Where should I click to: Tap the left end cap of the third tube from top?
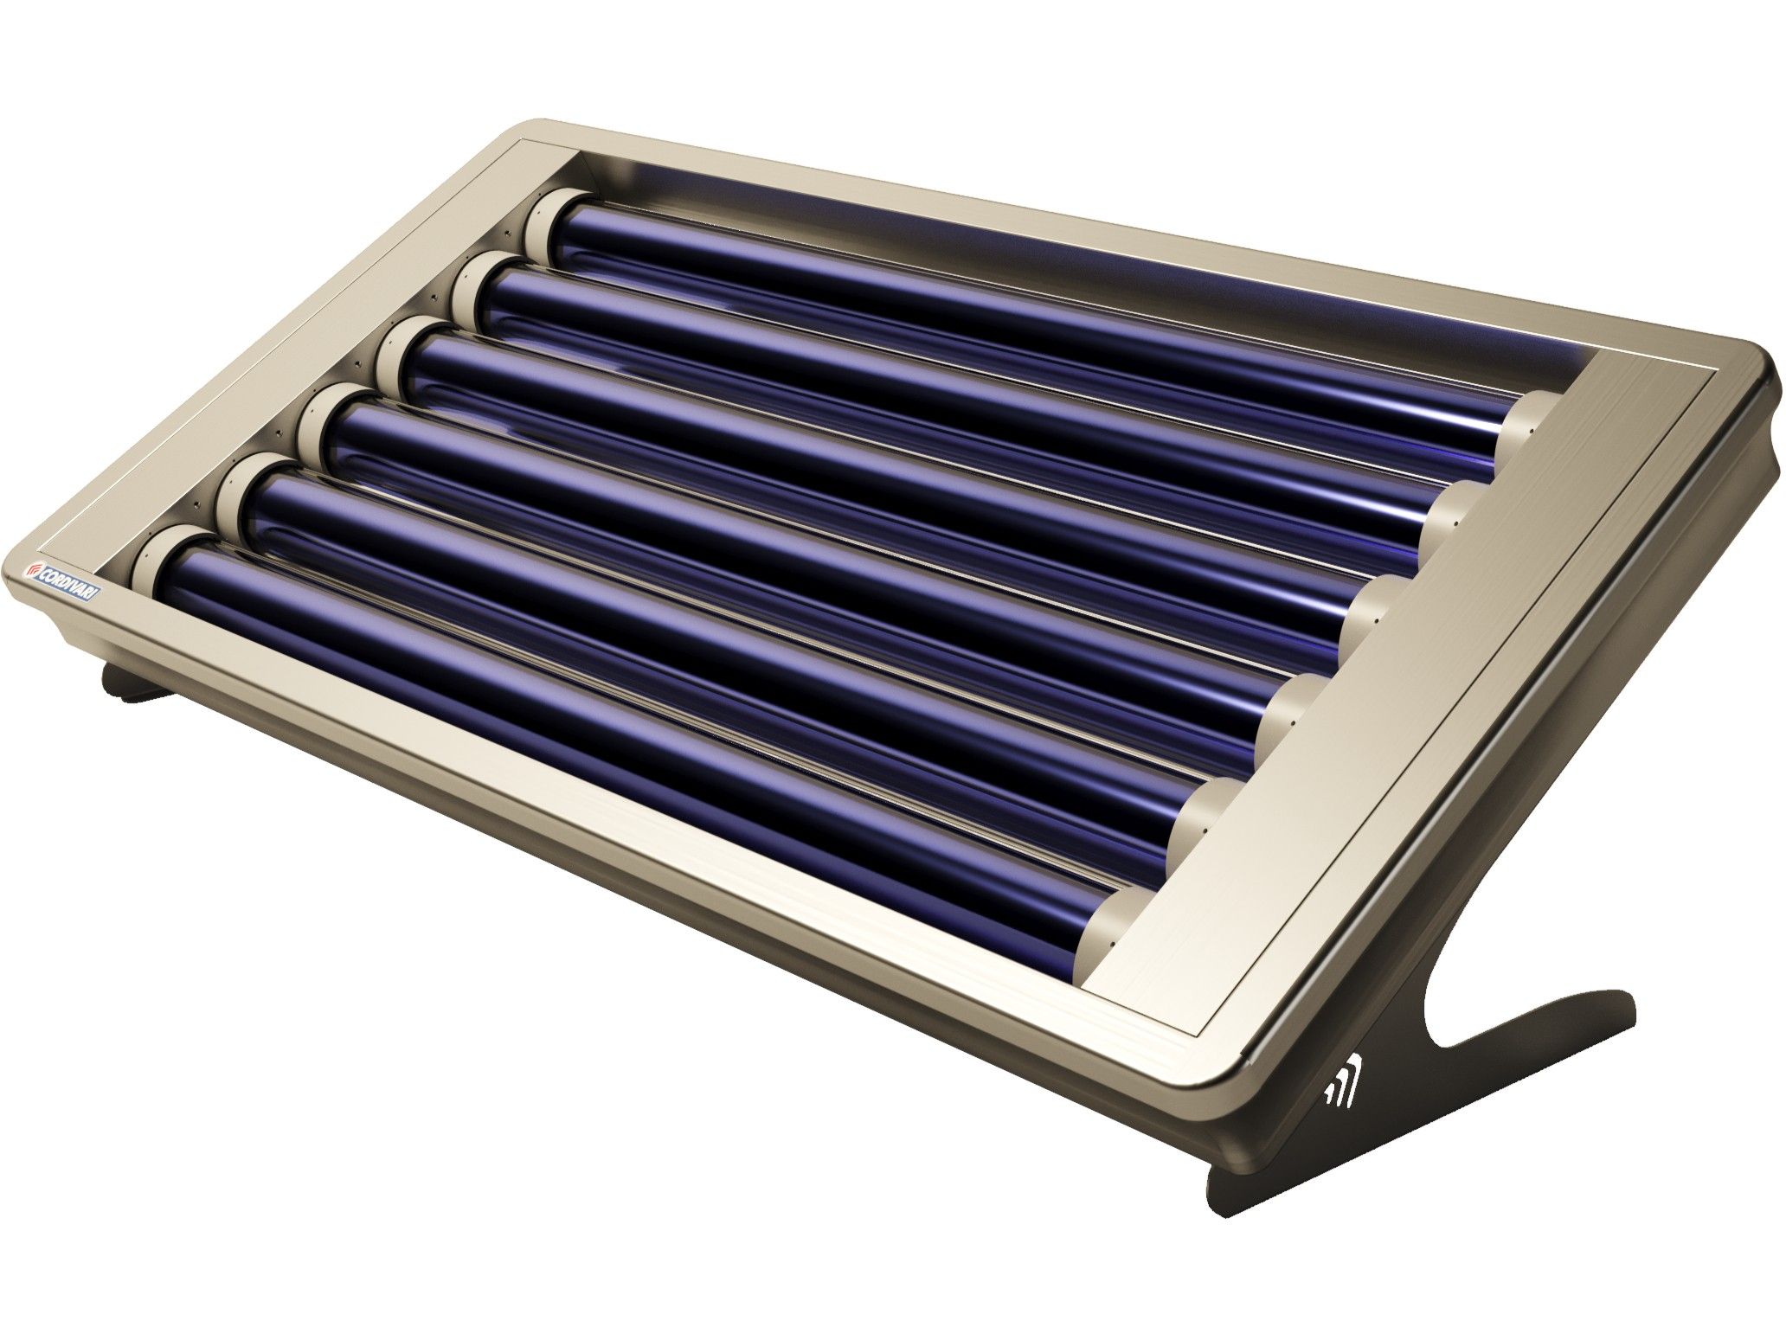[398, 355]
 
